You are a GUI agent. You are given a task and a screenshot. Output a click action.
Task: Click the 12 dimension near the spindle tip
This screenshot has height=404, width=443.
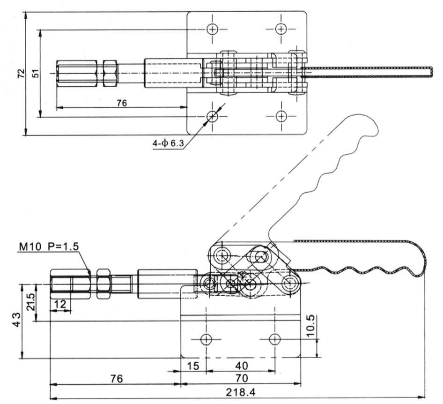[60, 304]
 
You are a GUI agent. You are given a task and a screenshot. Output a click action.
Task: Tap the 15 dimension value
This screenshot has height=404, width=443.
[192, 365]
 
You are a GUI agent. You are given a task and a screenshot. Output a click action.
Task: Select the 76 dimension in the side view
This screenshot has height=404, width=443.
[115, 378]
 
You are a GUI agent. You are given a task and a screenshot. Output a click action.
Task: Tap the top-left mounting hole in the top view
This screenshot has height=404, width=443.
[213, 29]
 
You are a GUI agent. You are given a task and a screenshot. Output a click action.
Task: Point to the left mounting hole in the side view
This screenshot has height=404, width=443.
[206, 339]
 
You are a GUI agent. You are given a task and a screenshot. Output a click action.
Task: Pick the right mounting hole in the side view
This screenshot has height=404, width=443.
[275, 339]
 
